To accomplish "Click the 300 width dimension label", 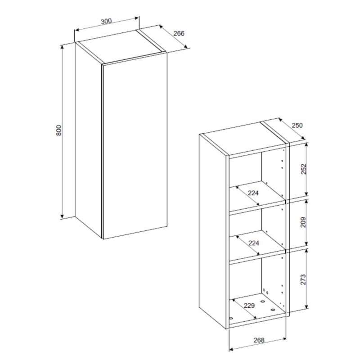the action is [106, 21].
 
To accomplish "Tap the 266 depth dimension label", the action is [179, 33].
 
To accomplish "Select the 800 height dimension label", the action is [59, 130].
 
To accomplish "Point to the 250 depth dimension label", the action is [297, 126].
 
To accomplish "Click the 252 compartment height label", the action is [303, 169].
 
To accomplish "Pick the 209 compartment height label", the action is [303, 222].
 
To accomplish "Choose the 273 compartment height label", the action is [303, 279].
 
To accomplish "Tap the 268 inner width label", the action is [259, 340].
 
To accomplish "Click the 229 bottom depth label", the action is [249, 306].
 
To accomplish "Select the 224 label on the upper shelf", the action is [253, 193].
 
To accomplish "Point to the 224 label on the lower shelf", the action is [254, 243].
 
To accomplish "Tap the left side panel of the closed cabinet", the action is [88, 140].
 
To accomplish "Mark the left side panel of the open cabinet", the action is [212, 231].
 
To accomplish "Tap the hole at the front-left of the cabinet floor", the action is [231, 319].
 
